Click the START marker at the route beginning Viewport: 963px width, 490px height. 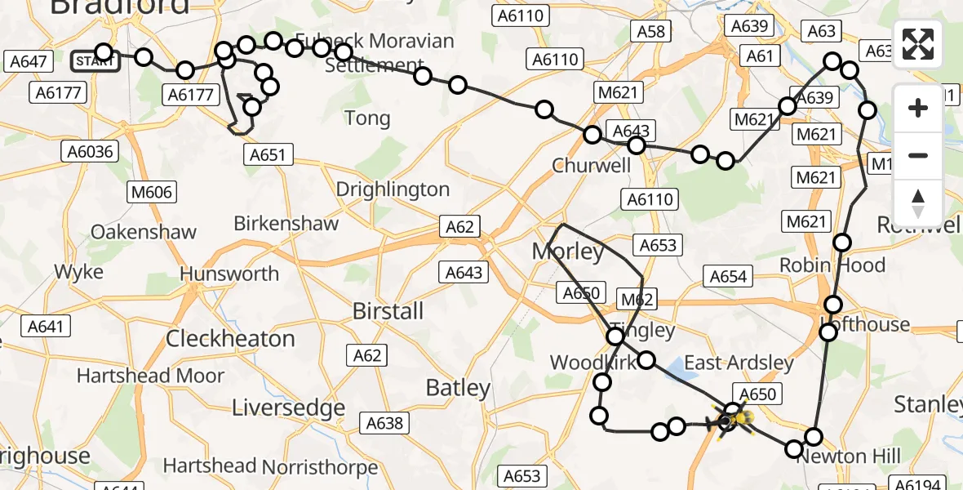pyautogui.click(x=95, y=60)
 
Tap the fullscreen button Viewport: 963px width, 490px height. pyautogui.click(x=918, y=44)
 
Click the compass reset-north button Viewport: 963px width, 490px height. pyautogui.click(x=918, y=203)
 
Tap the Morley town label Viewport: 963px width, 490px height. pyautogui.click(x=568, y=252)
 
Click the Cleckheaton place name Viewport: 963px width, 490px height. pyautogui.click(x=230, y=338)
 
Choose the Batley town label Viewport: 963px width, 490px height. pyautogui.click(x=458, y=388)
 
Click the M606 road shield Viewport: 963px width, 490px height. pyautogui.click(x=151, y=192)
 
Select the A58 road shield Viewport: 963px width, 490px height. pyautogui.click(x=650, y=32)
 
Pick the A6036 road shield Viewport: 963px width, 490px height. pyautogui.click(x=91, y=151)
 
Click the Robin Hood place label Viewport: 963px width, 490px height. pyautogui.click(x=832, y=265)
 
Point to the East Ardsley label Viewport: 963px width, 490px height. pyautogui.click(x=739, y=363)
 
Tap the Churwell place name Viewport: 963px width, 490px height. pyautogui.click(x=592, y=165)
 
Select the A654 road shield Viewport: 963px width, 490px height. pyautogui.click(x=728, y=277)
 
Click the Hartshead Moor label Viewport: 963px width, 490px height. pyautogui.click(x=150, y=376)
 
